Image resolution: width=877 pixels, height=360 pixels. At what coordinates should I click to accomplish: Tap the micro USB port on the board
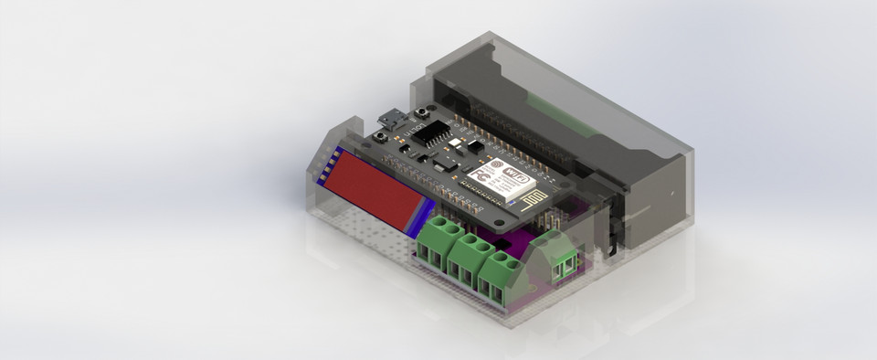pyautogui.click(x=388, y=120)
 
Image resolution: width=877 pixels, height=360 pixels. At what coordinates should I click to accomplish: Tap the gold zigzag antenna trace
pyautogui.click(x=527, y=196)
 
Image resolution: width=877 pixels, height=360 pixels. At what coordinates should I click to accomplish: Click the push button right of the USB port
pyautogui.click(x=421, y=113)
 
